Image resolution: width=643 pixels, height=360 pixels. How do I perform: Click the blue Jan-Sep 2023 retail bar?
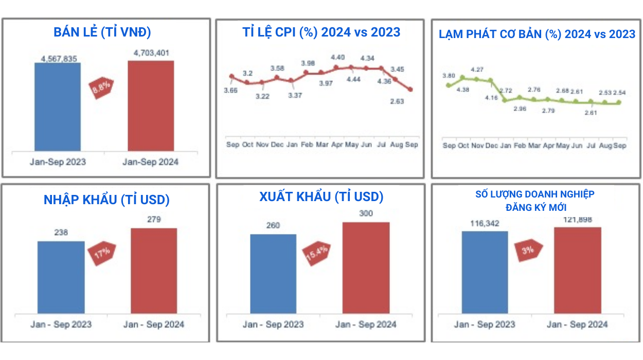pos(58,106)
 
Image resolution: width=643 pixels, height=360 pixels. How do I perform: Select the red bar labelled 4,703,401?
pos(151,105)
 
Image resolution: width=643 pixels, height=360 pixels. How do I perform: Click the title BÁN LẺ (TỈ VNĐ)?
pos(102,32)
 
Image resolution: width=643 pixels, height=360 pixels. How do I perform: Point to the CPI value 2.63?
pos(397,101)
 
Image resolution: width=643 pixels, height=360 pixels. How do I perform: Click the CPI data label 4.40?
pos(338,57)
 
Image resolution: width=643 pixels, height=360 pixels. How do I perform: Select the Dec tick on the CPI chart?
pos(277,145)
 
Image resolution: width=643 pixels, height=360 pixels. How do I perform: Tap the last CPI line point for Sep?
pos(410,89)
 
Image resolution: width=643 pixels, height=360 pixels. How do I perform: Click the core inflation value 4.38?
pos(462,89)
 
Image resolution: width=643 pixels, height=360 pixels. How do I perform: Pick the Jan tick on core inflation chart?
pos(506,146)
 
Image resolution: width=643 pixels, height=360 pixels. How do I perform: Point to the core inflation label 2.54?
pos(619,93)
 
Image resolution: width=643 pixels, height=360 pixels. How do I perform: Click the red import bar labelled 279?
pos(154,271)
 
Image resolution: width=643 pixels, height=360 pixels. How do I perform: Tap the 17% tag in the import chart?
pos(102,254)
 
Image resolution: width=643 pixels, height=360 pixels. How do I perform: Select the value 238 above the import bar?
pos(61,232)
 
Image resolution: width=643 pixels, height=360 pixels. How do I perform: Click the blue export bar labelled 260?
pos(273,274)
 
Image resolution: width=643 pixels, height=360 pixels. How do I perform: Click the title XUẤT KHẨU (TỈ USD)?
pos(321,197)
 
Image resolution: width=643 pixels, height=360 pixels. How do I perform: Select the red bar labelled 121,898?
pos(578,270)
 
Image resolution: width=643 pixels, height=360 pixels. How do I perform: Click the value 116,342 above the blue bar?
pos(485,224)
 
